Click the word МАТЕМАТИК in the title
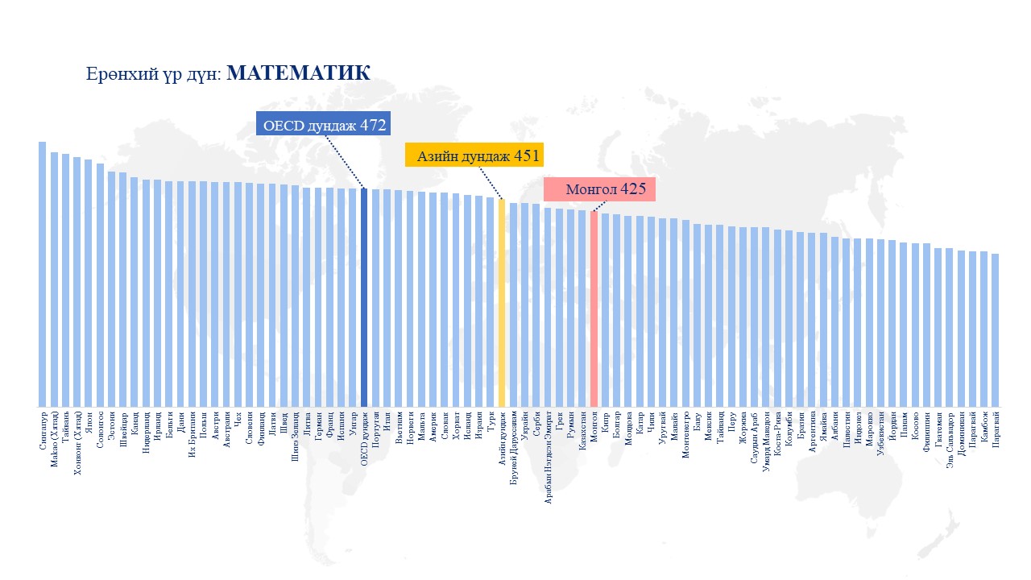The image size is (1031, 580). pyautogui.click(x=298, y=73)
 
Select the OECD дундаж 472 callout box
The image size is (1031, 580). pyautogui.click(x=323, y=124)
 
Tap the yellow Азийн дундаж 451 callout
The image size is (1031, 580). pyautogui.click(x=472, y=155)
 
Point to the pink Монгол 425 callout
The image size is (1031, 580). pyautogui.click(x=599, y=189)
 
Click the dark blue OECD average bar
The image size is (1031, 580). pyautogui.click(x=364, y=297)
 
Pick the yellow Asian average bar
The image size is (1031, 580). pyautogui.click(x=502, y=303)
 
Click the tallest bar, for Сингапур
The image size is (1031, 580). pyautogui.click(x=42, y=274)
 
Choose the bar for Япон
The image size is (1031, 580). pyautogui.click(x=88, y=283)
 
